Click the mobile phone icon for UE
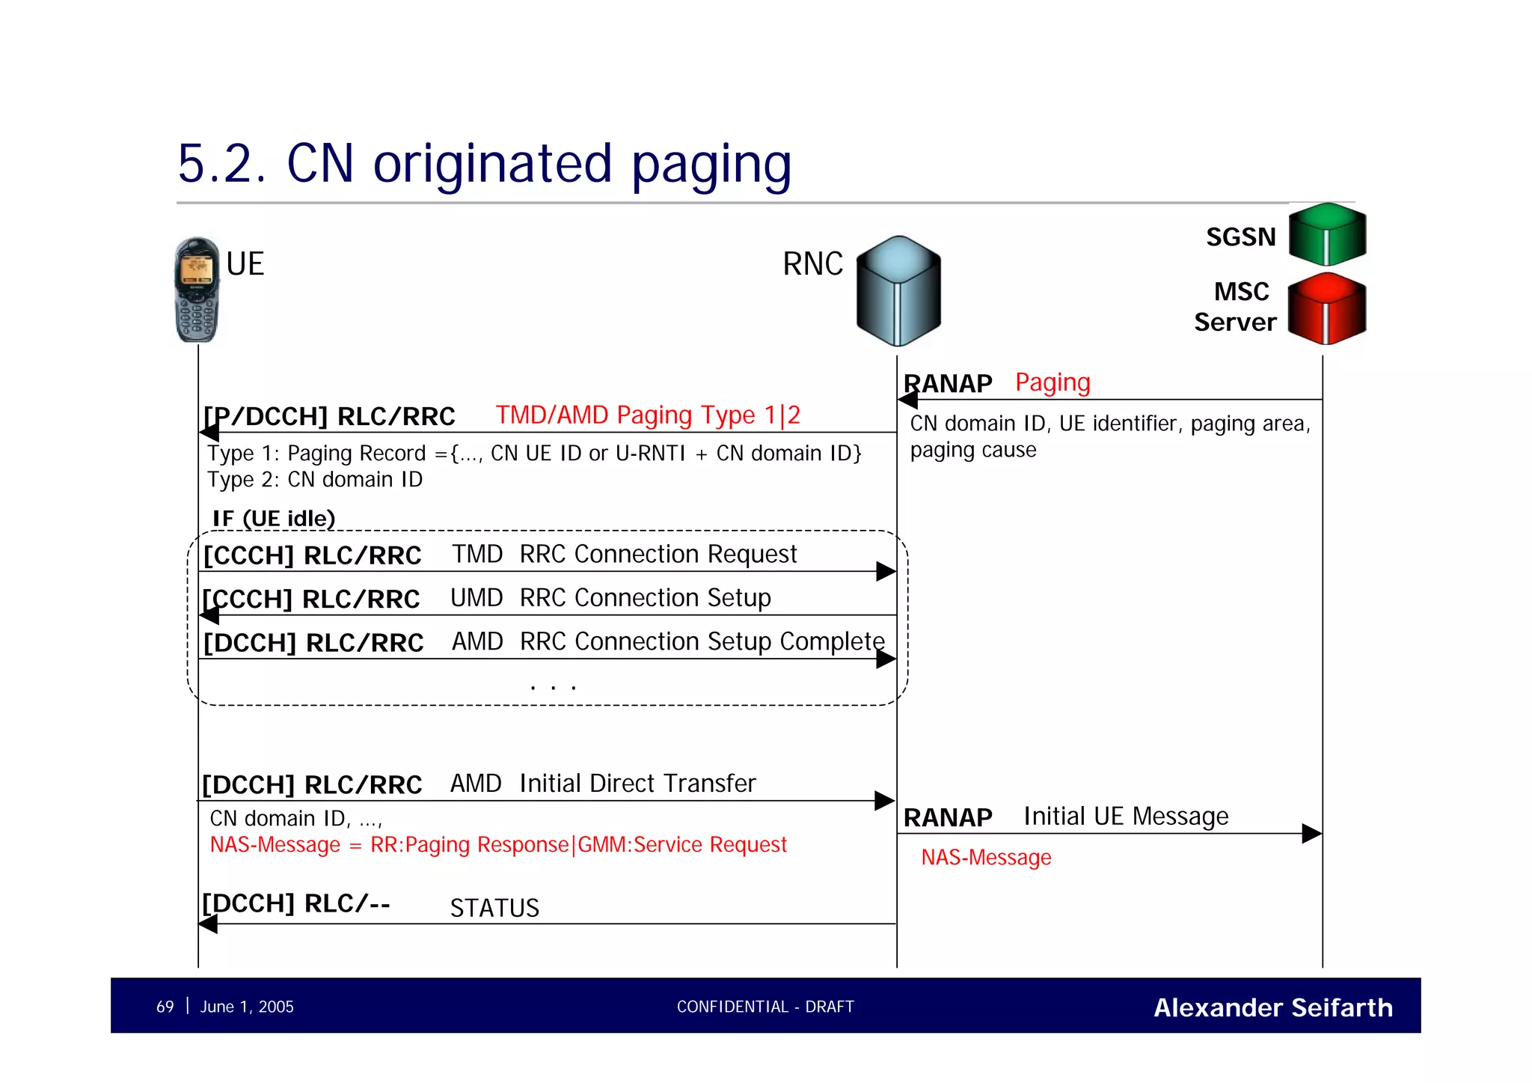pyautogui.click(x=197, y=290)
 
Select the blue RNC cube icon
pyautogui.click(x=898, y=290)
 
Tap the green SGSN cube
pyautogui.click(x=1327, y=234)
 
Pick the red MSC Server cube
pyautogui.click(x=1327, y=308)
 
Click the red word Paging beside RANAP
pyautogui.click(x=1053, y=382)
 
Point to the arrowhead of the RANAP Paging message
pyautogui.click(x=907, y=400)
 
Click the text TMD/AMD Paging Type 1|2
pyautogui.click(x=648, y=415)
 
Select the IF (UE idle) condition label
pyautogui.click(x=274, y=518)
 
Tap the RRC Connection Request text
pyautogui.click(x=658, y=554)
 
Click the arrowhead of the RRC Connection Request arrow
pyautogui.click(x=886, y=572)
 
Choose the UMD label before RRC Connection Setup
pyautogui.click(x=477, y=598)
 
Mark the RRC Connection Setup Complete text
pyautogui.click(x=702, y=641)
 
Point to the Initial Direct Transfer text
pyautogui.click(x=637, y=784)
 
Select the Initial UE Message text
pyautogui.click(x=1126, y=816)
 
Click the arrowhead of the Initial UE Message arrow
pyautogui.click(x=1312, y=834)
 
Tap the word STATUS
pyautogui.click(x=494, y=908)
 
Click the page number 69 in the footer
pyautogui.click(x=165, y=1007)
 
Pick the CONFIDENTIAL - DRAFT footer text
pyautogui.click(x=765, y=1007)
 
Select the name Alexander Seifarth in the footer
pyautogui.click(x=1273, y=1007)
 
